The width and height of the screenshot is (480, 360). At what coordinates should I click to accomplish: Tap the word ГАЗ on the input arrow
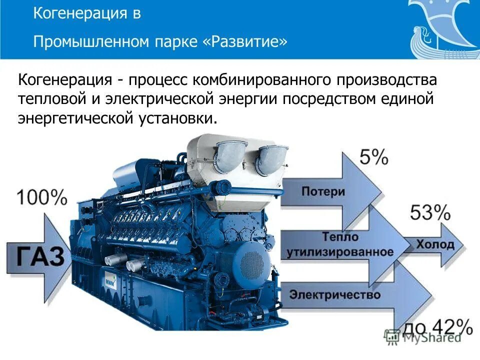[36, 256]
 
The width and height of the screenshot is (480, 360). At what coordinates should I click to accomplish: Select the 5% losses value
[373, 158]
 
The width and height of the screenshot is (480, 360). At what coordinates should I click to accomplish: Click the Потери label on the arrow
[323, 191]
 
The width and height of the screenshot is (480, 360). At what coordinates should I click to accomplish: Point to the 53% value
[430, 213]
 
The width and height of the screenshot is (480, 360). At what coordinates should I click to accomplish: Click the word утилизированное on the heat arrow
[340, 252]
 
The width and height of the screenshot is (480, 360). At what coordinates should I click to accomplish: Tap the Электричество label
[335, 295]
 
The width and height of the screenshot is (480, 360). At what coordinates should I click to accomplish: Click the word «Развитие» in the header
[245, 41]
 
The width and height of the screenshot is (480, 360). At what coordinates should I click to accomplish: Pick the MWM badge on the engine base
[110, 281]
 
